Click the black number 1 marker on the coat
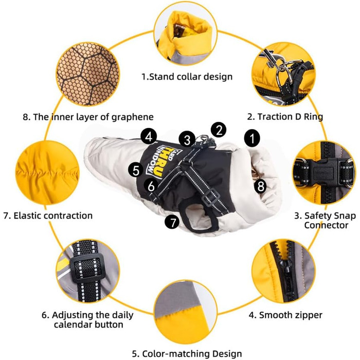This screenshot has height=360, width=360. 253,138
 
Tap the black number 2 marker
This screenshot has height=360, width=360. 219,130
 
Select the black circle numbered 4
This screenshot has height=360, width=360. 149,137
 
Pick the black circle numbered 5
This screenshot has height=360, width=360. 136,170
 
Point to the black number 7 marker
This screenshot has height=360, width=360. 172,222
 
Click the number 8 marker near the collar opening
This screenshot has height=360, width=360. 260,186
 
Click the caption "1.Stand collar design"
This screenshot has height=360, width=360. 187,77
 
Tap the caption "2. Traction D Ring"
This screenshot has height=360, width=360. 285,117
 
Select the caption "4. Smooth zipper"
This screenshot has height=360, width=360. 285,315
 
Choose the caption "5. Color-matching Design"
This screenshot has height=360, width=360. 187,354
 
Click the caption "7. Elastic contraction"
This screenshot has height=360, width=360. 48,215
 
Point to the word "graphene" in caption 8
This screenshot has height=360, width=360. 133,117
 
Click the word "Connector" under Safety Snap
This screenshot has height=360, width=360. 326,225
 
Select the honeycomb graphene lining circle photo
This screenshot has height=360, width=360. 88,74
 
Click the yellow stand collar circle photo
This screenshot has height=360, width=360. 186,34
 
